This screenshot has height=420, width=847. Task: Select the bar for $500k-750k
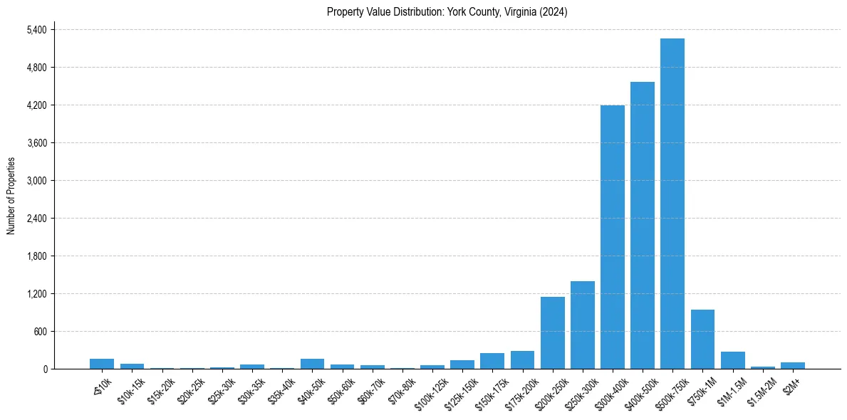pyautogui.click(x=672, y=204)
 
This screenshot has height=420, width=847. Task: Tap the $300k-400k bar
pyautogui.click(x=613, y=237)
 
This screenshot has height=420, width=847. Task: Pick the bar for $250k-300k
pyautogui.click(x=583, y=325)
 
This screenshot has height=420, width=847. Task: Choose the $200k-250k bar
pyautogui.click(x=553, y=333)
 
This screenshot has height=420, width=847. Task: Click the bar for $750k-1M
pyautogui.click(x=702, y=340)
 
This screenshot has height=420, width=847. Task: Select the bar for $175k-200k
pyautogui.click(x=522, y=360)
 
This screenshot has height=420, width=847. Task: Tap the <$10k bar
pyautogui.click(x=102, y=364)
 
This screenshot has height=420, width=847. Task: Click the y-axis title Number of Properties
pyautogui.click(x=11, y=196)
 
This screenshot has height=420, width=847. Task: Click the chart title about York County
pyautogui.click(x=447, y=11)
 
